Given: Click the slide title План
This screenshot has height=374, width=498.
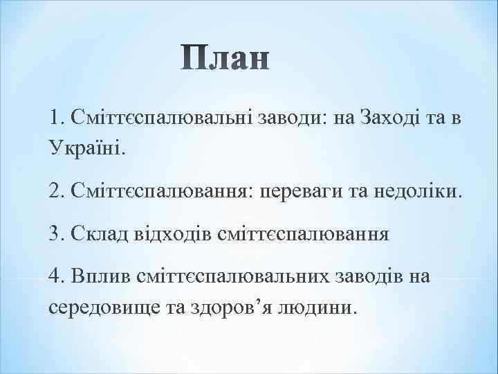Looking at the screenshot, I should tap(226, 59).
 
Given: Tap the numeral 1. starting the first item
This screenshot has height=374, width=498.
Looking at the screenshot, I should tap(57, 118).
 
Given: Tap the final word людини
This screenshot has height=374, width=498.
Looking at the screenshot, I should tap(319, 306).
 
